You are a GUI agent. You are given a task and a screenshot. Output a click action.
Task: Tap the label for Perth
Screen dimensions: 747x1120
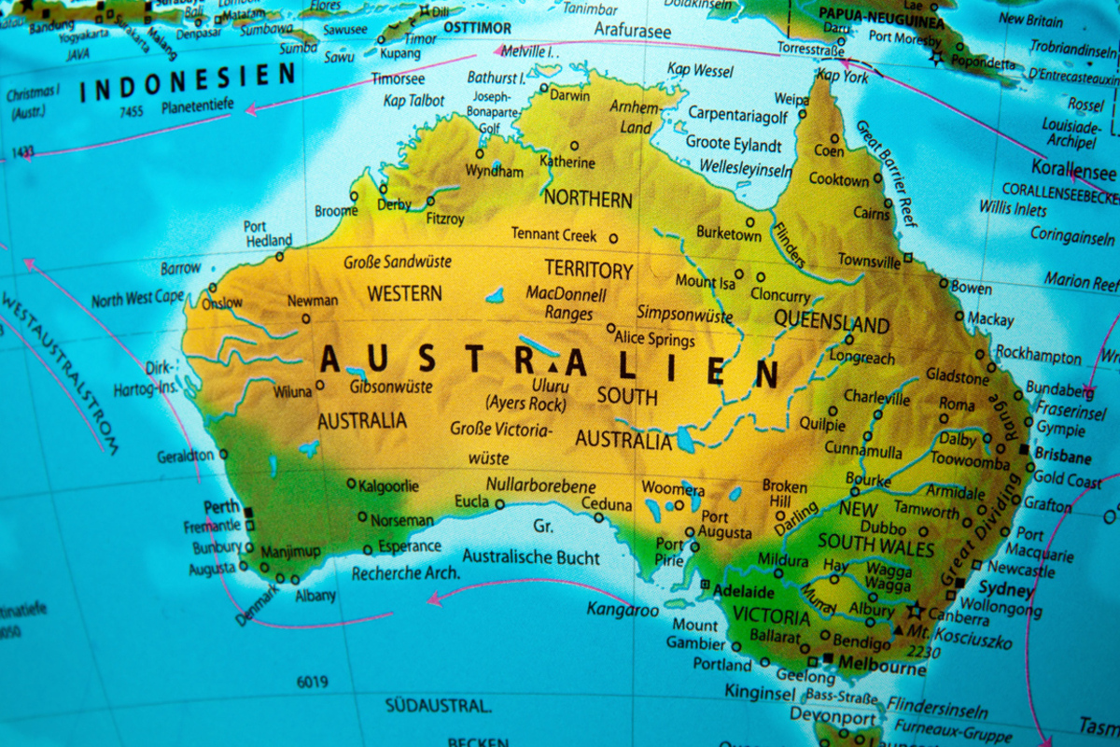pos(221,507)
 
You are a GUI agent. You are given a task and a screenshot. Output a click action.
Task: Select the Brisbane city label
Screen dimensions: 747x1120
pos(1062,458)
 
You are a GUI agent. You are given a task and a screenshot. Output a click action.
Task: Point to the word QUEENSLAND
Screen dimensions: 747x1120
pos(832,323)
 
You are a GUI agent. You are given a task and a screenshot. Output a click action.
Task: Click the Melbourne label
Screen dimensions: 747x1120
pos(883,669)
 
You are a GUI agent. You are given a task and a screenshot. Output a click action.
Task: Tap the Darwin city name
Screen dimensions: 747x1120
pos(569,95)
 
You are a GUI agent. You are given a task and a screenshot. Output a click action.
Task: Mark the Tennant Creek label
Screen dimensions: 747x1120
pos(553,235)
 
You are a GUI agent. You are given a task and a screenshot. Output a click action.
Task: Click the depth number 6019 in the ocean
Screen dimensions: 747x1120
pos(312,683)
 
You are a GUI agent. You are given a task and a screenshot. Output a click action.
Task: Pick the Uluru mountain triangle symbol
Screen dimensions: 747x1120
pos(553,366)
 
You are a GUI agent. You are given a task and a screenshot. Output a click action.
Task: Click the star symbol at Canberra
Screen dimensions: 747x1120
pos(915,611)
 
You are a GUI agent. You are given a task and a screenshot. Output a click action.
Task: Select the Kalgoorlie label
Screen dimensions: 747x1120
pos(389,486)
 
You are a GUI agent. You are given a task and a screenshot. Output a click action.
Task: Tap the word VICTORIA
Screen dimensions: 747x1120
pos(772,617)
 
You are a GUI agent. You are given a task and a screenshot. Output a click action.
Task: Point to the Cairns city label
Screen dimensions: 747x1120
pos(872,214)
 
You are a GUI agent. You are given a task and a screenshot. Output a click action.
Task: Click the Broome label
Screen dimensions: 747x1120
pos(335,212)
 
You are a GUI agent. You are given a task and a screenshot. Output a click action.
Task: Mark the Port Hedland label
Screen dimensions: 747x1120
pos(268,233)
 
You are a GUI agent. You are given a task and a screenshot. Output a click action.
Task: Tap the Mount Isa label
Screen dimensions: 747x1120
pos(705,281)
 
